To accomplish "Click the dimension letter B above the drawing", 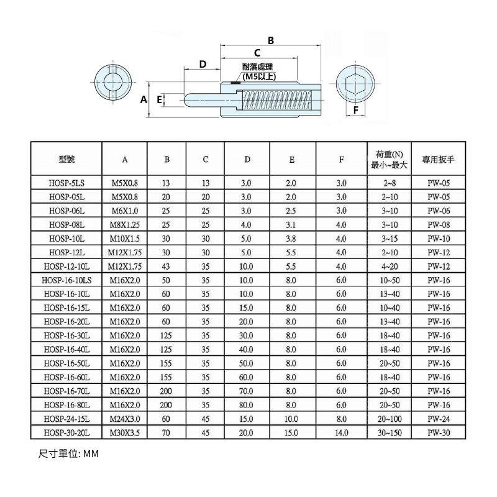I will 270,40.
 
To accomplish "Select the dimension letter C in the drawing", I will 257,53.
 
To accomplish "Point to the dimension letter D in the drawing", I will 203,65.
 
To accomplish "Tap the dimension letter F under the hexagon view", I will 355,110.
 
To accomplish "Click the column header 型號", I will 66,160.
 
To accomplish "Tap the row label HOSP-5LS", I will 66,183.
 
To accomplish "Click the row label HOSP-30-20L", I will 66,432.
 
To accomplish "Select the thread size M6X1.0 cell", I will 124,211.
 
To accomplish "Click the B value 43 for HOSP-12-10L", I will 166,266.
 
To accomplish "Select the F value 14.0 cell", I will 341,432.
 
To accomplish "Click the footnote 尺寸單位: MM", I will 68,454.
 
